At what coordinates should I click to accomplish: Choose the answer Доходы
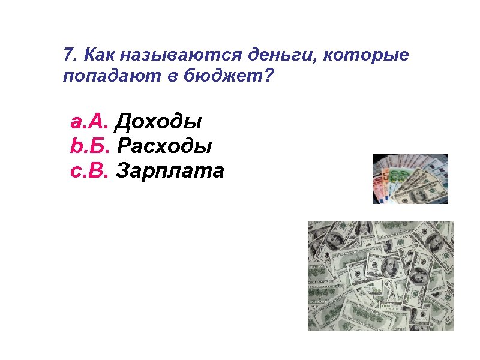(158, 123)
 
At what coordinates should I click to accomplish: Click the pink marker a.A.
(89, 122)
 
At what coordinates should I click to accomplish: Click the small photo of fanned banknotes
(410, 179)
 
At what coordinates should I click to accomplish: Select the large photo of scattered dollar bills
(381, 276)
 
